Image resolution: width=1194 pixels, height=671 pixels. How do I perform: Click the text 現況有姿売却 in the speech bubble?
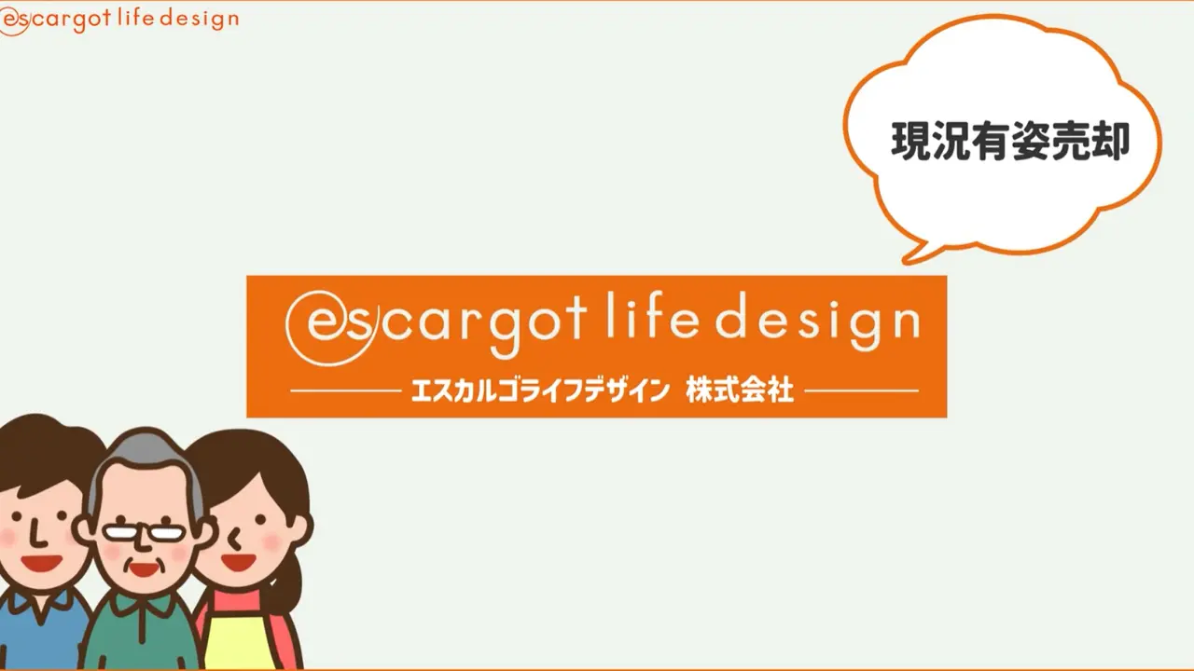(1010, 141)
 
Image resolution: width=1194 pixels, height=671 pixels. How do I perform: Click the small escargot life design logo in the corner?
(118, 21)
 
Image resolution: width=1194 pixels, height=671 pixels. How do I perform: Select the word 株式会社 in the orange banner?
(740, 390)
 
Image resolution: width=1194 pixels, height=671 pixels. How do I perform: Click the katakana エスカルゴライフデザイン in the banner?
(539, 390)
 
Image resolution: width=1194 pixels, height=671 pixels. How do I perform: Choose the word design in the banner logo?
(818, 325)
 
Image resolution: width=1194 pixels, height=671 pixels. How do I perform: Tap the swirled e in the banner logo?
(326, 326)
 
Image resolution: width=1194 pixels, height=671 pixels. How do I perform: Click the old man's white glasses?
(144, 532)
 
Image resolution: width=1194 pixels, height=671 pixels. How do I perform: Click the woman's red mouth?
(238, 562)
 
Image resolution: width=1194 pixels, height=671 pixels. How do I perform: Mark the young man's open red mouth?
(42, 562)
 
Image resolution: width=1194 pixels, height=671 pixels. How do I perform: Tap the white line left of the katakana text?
(345, 390)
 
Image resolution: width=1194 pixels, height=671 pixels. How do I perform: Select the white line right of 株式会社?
(861, 390)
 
